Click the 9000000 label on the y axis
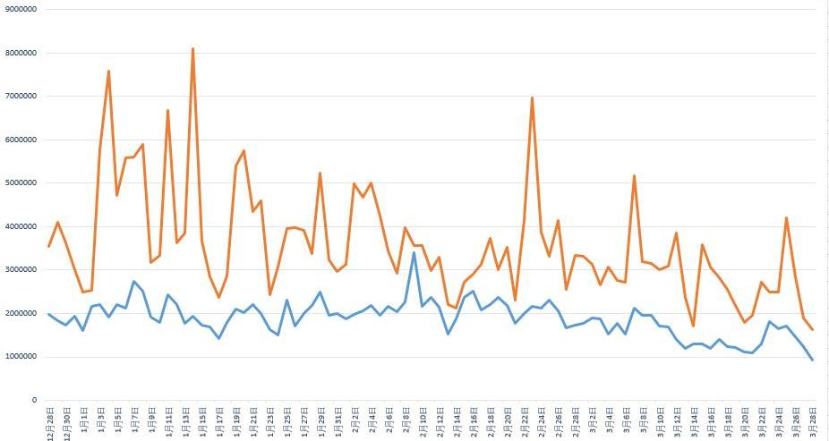(21, 9)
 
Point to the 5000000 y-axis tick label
(21, 182)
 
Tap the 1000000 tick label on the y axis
(21, 357)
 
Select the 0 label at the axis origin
(34, 400)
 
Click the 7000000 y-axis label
(21, 96)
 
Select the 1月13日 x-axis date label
(185, 420)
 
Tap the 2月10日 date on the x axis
(423, 420)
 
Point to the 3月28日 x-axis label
(812, 420)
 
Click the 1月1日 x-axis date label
(84, 419)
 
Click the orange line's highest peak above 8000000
(192, 48)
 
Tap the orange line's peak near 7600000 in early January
(108, 71)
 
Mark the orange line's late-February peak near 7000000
(533, 98)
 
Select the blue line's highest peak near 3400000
(414, 252)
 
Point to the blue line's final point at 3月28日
(812, 360)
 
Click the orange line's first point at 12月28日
(49, 246)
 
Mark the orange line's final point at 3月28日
(812, 330)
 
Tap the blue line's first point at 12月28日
(49, 314)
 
